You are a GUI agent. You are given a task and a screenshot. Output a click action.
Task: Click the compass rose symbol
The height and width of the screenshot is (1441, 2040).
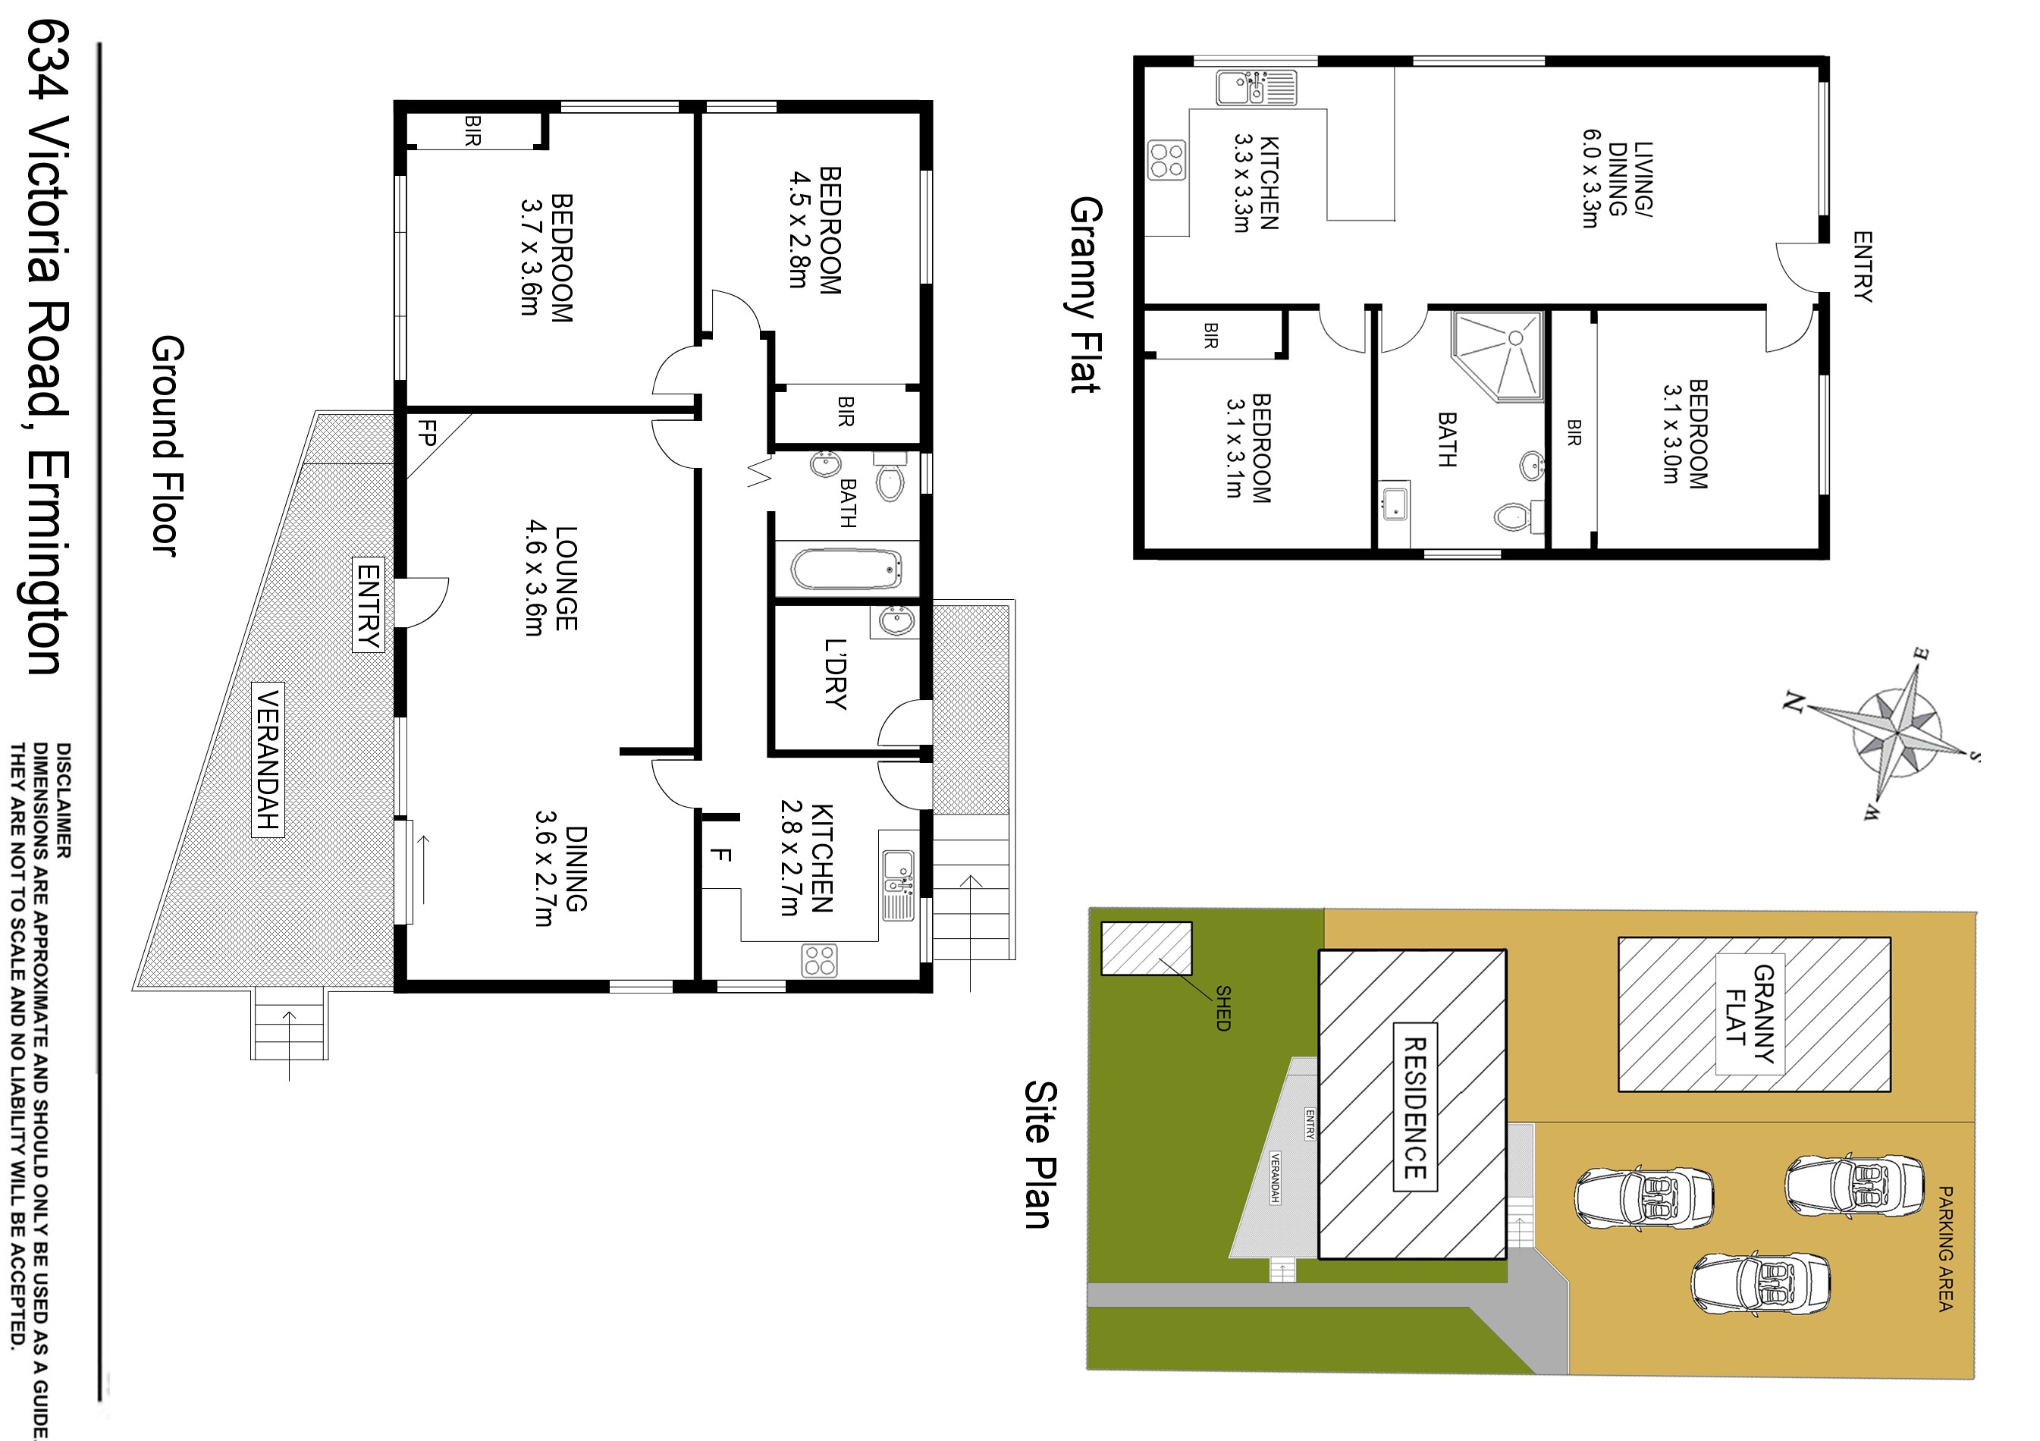pyautogui.click(x=1897, y=734)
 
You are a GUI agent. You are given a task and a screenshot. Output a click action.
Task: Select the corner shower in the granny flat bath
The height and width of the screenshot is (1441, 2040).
pyautogui.click(x=1497, y=356)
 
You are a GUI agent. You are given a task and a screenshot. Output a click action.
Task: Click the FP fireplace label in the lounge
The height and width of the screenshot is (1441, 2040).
pyautogui.click(x=428, y=434)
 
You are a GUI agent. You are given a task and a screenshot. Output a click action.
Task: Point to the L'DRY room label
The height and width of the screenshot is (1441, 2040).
pyautogui.click(x=835, y=674)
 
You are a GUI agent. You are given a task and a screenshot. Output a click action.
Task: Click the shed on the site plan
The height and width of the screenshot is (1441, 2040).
pyautogui.click(x=1146, y=948)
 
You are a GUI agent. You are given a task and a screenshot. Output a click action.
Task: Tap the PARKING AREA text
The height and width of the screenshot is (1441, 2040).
pyautogui.click(x=1945, y=1248)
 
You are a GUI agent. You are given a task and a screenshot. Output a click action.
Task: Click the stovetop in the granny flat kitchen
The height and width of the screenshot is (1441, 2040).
pyautogui.click(x=1166, y=161)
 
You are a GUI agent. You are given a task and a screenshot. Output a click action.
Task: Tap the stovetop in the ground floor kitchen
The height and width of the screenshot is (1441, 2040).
pyautogui.click(x=819, y=960)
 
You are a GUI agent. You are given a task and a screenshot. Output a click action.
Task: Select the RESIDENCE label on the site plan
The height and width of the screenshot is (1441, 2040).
pyautogui.click(x=1414, y=1108)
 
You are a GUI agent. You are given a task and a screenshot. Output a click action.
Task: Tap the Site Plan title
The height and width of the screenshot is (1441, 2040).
pyautogui.click(x=1040, y=1154)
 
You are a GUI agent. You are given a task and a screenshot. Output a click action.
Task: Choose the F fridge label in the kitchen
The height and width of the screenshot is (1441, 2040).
pyautogui.click(x=720, y=855)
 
